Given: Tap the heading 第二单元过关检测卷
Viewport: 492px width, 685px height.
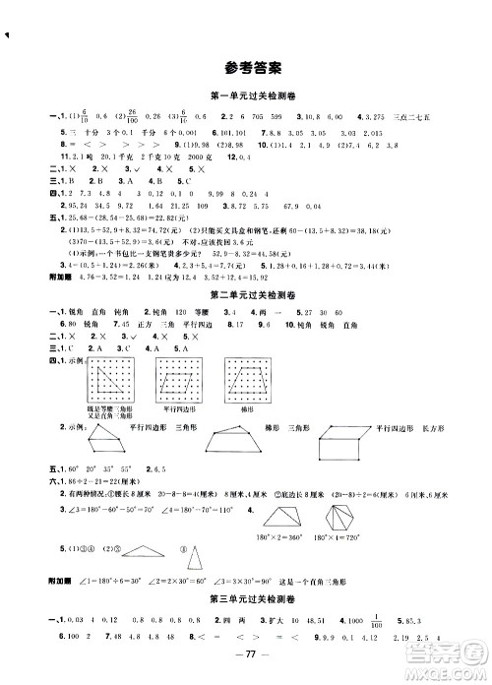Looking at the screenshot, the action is [246, 321].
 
